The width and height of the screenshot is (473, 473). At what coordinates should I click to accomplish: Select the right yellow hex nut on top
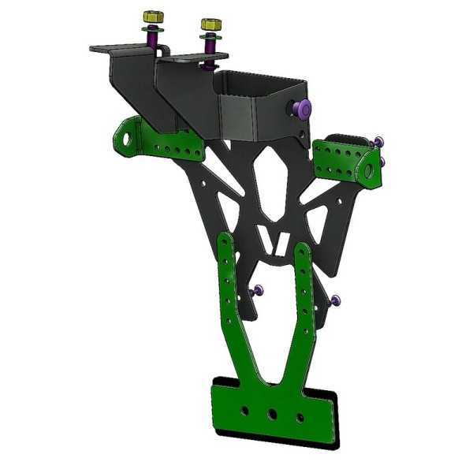pos(210,25)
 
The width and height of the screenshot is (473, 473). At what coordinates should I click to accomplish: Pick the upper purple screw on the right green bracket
pos(378,142)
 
